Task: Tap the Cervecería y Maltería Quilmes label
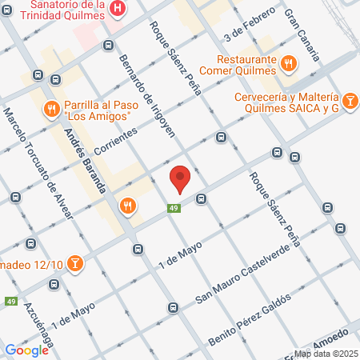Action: [280, 102]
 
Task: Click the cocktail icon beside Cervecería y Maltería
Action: [350, 102]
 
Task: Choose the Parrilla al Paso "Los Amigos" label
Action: [98, 108]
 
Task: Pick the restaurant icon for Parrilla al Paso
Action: [50, 108]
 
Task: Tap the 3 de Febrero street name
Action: [246, 31]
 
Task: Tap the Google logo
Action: [27, 350]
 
